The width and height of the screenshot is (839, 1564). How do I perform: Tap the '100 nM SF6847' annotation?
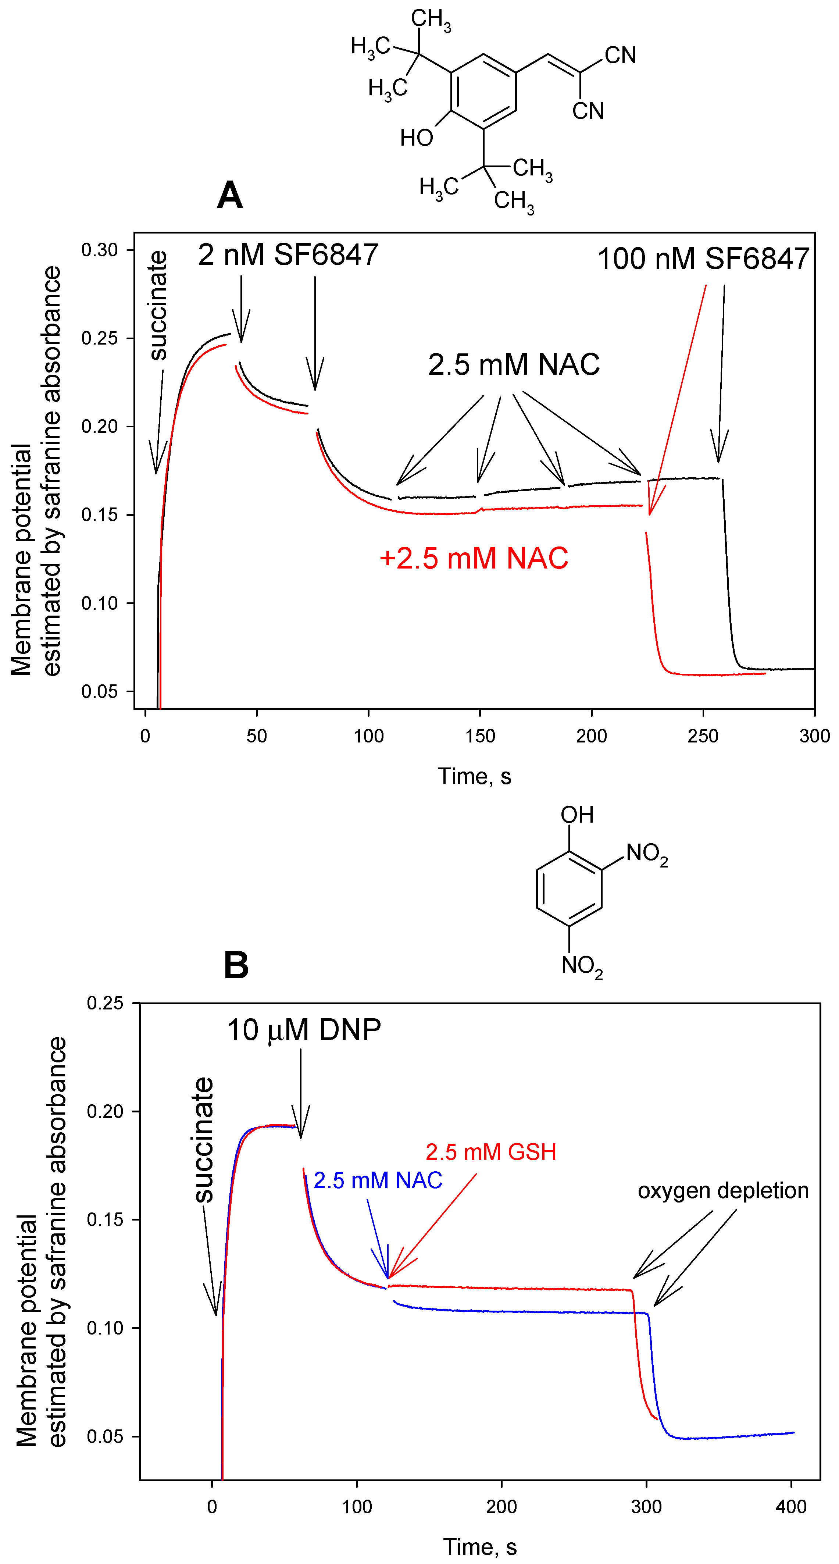point(703,259)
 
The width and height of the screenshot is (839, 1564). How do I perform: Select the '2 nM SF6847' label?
point(288,255)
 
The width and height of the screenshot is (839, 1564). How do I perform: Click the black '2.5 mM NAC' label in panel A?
point(514,365)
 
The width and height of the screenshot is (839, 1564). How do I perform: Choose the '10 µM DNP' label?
point(304,1030)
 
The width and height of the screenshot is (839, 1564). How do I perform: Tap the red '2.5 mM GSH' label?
point(490,1152)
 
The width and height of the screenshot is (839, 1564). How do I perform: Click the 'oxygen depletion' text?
point(722,1191)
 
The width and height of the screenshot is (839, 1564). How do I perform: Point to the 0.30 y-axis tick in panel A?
point(100,250)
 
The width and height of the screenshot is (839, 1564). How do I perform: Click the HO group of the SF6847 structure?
point(417,138)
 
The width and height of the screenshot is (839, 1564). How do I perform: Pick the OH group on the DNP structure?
point(577,815)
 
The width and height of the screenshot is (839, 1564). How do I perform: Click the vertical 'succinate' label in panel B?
point(204,1140)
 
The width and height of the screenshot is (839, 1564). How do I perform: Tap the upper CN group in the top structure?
point(620,55)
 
